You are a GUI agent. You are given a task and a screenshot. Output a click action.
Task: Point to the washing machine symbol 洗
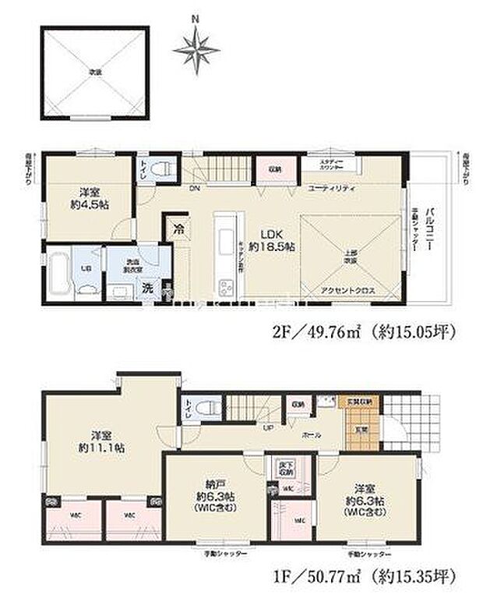[146, 288]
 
